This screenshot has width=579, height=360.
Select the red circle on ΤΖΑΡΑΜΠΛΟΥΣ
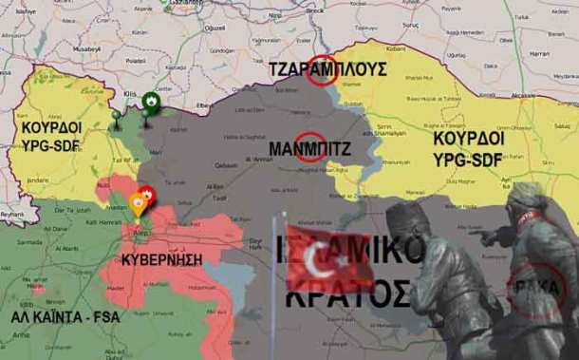[324, 74]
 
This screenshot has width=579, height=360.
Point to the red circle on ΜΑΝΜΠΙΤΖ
[307, 147]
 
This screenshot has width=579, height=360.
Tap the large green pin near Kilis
[150, 104]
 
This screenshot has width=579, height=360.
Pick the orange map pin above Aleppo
[138, 202]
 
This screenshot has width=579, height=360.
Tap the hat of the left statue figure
[410, 211]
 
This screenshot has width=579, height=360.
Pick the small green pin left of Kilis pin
[117, 117]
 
